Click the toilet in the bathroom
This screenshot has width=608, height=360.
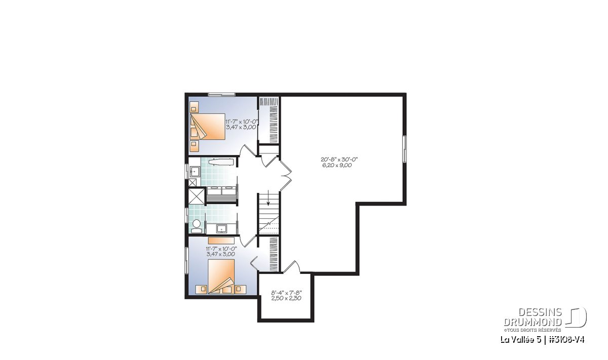(x=196, y=226)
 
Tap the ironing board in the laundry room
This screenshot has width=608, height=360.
(x=221, y=162)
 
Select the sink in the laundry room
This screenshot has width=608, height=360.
(x=195, y=172)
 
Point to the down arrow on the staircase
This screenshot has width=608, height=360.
(x=268, y=198)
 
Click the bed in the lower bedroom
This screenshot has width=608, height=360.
(x=221, y=276)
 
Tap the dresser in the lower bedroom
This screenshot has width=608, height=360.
(x=221, y=241)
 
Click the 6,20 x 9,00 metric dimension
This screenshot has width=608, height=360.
(x=337, y=165)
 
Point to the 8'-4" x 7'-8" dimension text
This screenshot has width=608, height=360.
(x=287, y=293)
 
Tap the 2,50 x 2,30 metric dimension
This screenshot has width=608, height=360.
(x=286, y=298)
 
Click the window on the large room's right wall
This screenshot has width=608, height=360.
(x=404, y=149)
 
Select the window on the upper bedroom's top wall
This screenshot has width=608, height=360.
(x=221, y=95)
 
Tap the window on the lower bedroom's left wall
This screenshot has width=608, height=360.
(x=187, y=260)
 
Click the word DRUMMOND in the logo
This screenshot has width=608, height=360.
(x=533, y=322)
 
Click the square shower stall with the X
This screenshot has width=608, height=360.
(x=197, y=195)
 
